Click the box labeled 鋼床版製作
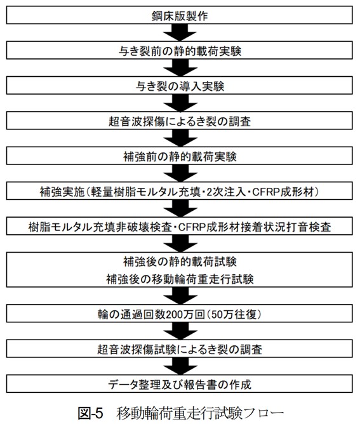point(180,15)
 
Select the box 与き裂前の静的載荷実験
point(180,50)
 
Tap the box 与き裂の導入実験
point(180,86)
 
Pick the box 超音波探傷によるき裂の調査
point(180,121)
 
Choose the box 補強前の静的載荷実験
point(180,156)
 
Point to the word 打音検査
point(308,227)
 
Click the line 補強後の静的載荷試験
point(180,262)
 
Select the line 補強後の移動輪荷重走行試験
point(180,279)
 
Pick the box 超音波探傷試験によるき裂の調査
point(180,349)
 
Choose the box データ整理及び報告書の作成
point(180,384)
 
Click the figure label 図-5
point(91,413)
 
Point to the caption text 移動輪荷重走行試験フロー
point(200,413)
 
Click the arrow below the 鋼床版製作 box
point(180,32)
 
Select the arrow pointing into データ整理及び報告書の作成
point(180,366)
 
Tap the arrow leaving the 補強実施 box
point(180,208)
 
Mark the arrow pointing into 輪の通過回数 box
point(180,296)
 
